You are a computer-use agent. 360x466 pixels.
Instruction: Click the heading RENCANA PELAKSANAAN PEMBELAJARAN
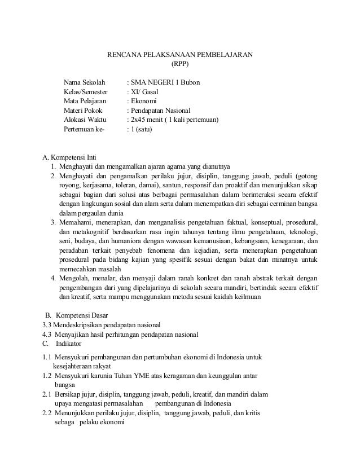point(180,55)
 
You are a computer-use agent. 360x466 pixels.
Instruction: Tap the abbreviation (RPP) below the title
point(180,64)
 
